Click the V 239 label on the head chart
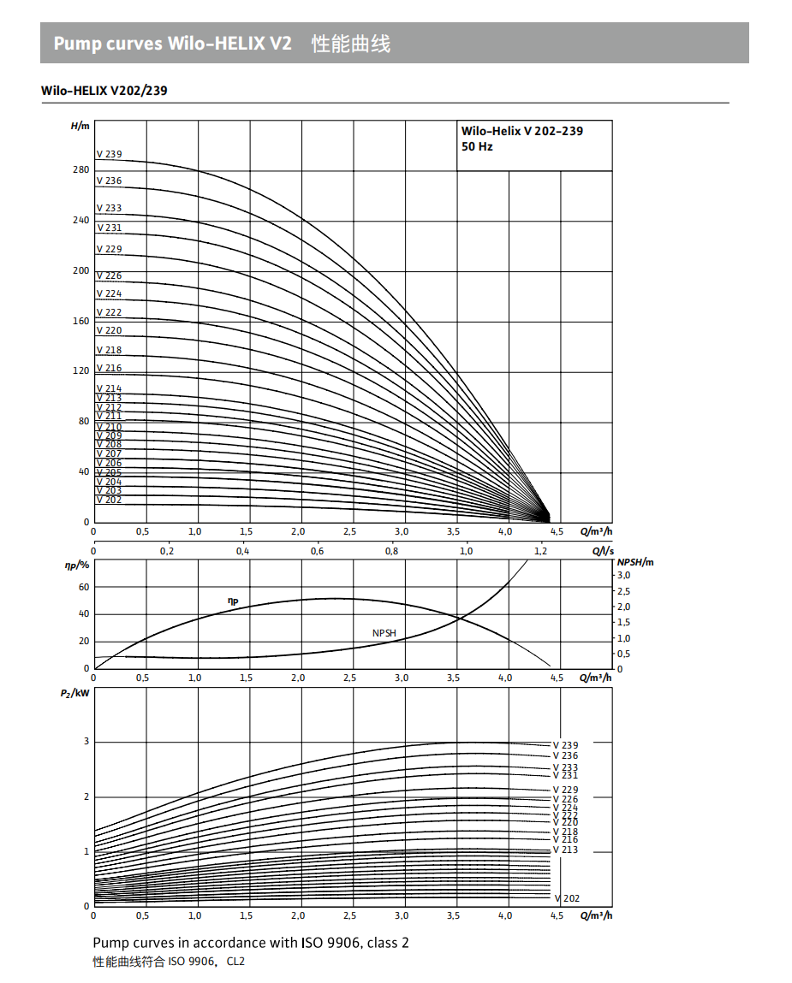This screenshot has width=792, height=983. pos(109,155)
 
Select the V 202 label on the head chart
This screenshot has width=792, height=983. pos(109,500)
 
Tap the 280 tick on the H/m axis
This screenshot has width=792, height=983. pos(80,170)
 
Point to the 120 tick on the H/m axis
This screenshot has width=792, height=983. pos(80,371)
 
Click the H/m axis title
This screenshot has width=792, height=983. pos(80,127)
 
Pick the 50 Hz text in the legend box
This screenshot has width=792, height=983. pos(477,147)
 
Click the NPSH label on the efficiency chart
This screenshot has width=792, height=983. pos(384,633)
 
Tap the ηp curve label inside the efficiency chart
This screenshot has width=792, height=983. pos(232,601)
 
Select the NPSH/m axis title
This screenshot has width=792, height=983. pos(635,562)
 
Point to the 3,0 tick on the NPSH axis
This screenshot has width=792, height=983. pos(624,576)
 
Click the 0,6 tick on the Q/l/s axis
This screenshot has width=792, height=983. pos(317,551)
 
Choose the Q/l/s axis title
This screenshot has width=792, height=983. pos(603,551)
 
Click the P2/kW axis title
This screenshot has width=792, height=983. pos(75,693)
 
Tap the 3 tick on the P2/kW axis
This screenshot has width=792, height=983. pos(86,742)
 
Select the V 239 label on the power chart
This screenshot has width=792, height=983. pos(565,746)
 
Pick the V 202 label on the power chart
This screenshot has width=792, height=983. pos(567,898)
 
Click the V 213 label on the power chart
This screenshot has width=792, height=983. pos(565,850)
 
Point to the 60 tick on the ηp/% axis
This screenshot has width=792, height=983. pos(84,587)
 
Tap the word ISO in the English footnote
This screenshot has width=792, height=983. pos(311,943)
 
